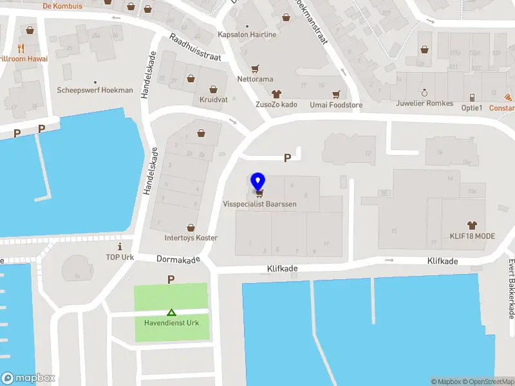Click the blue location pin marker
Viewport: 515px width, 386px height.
pyautogui.click(x=258, y=182)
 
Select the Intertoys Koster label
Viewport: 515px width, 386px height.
pyautogui.click(x=191, y=237)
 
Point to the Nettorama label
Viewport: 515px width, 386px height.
pyautogui.click(x=255, y=79)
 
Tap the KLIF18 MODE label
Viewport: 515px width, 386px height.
pyautogui.click(x=473, y=236)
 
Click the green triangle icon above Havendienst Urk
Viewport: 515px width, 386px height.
pyautogui.click(x=171, y=312)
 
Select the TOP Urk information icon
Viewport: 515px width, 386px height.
pyautogui.click(x=119, y=247)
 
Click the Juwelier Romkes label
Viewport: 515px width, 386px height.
pyautogui.click(x=425, y=103)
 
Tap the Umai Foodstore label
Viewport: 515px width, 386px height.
pyautogui.click(x=336, y=105)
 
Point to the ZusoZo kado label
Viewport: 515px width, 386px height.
pyautogui.click(x=276, y=104)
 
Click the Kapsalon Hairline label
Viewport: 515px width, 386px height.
pyautogui.click(x=247, y=35)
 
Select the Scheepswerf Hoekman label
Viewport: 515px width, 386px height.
pyautogui.click(x=95, y=91)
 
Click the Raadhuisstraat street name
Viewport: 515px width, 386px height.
pyautogui.click(x=195, y=48)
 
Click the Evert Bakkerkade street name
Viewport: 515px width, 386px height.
pyautogui.click(x=511, y=288)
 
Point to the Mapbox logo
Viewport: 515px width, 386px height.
pyautogui.click(x=28, y=378)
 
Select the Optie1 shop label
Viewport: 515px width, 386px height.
pyautogui.click(x=472, y=107)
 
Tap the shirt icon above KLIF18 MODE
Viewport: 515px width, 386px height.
pyautogui.click(x=473, y=225)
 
